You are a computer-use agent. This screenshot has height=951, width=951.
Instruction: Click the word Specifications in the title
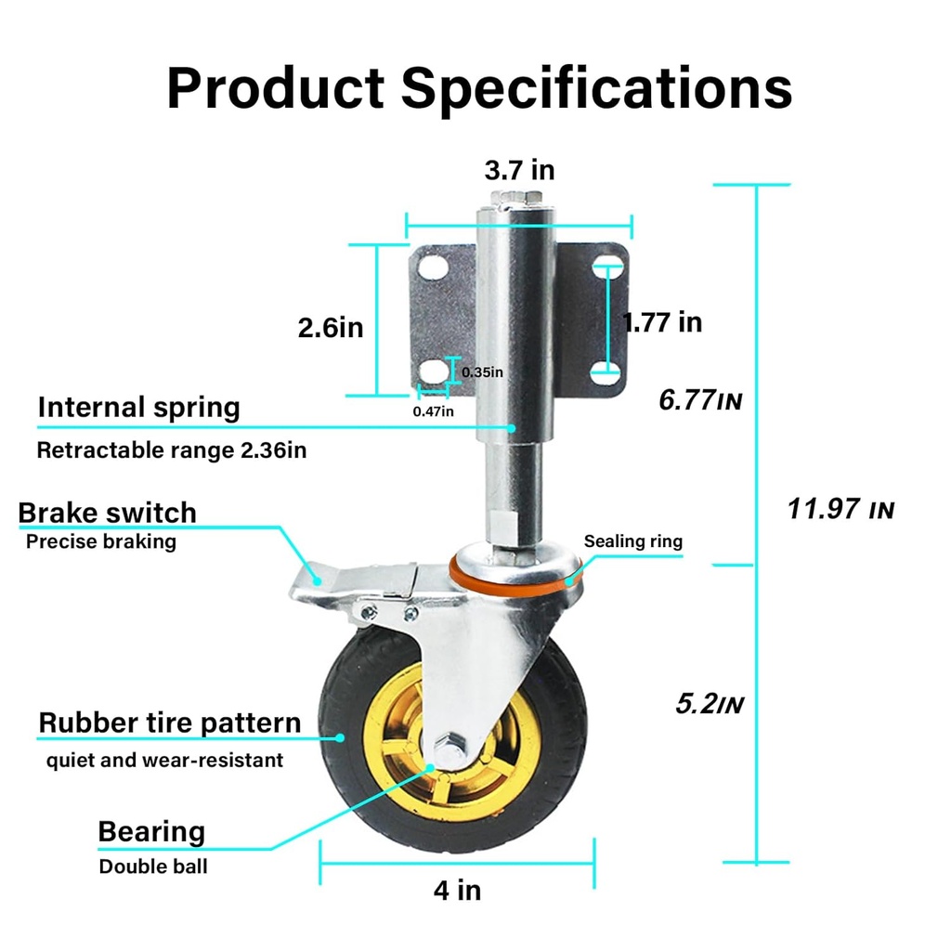[x=596, y=88]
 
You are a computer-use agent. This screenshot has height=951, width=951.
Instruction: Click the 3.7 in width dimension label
[x=519, y=170]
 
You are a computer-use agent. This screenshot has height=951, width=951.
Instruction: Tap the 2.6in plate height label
[x=330, y=327]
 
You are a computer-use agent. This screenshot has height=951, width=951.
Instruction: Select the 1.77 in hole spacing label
[x=662, y=322]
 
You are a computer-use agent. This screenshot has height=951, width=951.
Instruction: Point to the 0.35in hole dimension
[x=482, y=372]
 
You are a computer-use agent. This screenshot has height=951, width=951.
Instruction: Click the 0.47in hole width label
[x=433, y=411]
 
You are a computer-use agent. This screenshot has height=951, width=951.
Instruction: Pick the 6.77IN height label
[x=700, y=400]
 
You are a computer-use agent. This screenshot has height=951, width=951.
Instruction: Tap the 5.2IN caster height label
[x=710, y=704]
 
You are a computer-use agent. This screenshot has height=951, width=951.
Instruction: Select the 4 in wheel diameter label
[x=457, y=890]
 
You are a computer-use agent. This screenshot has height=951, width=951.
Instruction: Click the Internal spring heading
[x=138, y=407]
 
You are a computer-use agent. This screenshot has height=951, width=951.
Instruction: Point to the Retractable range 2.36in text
[x=171, y=451]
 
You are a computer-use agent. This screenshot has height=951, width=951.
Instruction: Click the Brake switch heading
[x=108, y=513]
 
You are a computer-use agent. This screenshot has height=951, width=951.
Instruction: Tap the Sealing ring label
[x=632, y=541]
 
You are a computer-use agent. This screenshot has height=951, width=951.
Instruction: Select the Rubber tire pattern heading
[x=170, y=723]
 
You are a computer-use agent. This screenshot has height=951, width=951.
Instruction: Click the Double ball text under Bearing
[x=153, y=866]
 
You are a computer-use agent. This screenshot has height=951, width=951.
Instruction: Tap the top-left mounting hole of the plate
[x=431, y=267]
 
